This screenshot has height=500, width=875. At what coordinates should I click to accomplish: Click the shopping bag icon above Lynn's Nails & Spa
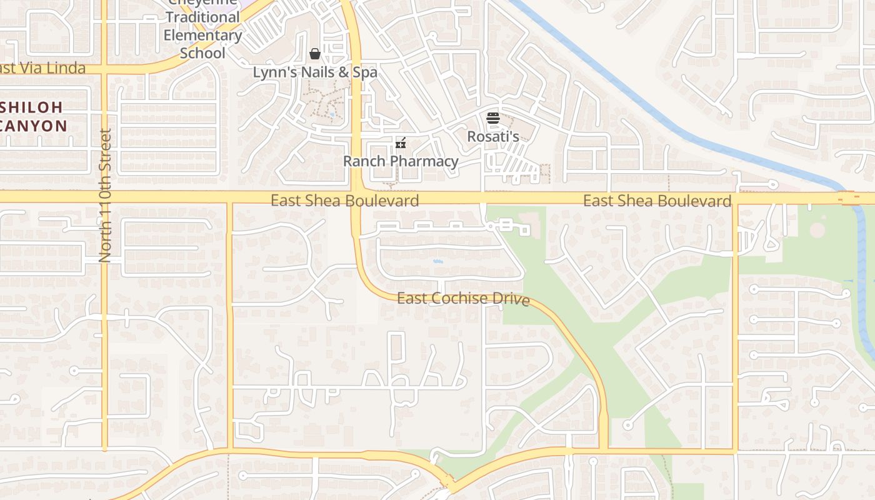pos(315,54)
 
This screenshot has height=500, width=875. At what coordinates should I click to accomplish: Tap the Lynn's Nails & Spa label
pos(315,72)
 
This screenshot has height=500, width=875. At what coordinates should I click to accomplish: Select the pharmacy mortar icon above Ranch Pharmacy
pos(401,143)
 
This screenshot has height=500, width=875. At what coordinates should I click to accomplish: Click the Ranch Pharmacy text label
pos(401,161)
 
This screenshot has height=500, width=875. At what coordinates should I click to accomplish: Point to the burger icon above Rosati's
pos(493,118)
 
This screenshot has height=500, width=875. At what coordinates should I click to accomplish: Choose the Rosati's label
pos(493,136)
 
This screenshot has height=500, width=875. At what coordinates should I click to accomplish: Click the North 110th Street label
pos(105,195)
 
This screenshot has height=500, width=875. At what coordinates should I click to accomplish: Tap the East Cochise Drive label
pos(463,299)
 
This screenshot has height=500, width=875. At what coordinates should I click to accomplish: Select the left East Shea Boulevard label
pos(344,201)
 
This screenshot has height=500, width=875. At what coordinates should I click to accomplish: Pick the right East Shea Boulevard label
pos(657,201)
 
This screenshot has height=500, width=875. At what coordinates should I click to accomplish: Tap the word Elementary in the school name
pos(202,35)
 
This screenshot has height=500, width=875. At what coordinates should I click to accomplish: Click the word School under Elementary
pos(202,53)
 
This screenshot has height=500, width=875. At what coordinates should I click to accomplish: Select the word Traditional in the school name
pos(202,17)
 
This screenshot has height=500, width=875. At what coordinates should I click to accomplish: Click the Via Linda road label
pos(42,67)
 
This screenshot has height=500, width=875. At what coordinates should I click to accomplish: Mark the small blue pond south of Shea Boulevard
pos(437,261)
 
